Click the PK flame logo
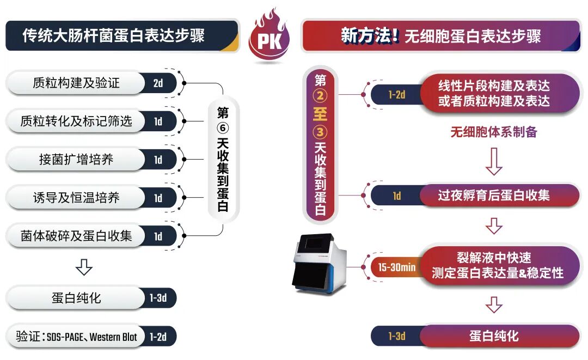coord(269,39)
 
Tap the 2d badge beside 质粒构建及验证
coord(158,84)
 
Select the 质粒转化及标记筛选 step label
coord(76,121)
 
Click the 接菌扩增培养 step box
coord(76,160)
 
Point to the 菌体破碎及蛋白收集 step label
coord(76,236)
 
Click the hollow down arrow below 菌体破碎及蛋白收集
coord(84,267)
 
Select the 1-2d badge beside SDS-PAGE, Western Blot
coord(158,337)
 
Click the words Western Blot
coord(113,337)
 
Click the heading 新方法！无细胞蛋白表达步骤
coord(440,36)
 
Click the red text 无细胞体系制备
coord(494,132)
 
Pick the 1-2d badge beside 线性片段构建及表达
coord(397,94)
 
